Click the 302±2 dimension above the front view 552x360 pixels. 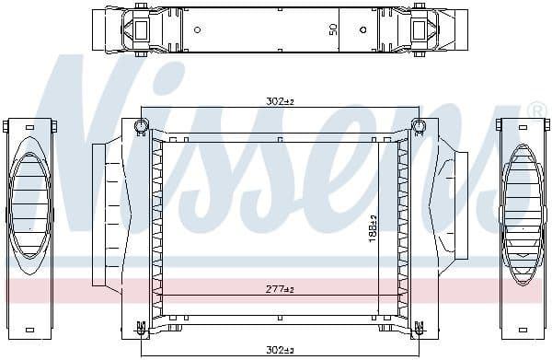click(278, 102)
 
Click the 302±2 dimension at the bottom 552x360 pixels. click(278, 349)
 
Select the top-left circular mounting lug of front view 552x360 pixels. click(142, 125)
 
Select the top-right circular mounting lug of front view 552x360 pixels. click(419, 125)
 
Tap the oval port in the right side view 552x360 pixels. click(522, 201)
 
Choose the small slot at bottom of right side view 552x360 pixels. click(522, 329)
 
